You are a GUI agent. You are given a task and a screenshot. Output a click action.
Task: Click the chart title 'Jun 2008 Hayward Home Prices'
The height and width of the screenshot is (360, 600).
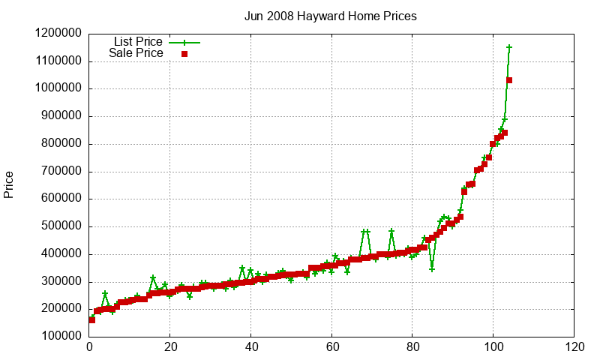tap(331, 16)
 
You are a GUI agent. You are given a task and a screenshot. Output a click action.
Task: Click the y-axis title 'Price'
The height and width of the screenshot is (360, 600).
tap(9, 184)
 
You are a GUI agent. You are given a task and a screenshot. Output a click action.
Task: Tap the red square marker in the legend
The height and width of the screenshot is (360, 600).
tap(184, 54)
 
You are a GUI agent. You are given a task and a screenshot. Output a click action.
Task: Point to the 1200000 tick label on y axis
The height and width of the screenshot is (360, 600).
tap(59, 34)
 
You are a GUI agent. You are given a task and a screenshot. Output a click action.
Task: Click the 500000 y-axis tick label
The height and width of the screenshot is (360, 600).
tap(62, 226)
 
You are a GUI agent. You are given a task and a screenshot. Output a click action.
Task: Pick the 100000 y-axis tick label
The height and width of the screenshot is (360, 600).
tap(62, 337)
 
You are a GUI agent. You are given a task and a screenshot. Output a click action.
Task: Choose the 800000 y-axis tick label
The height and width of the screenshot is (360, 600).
tap(62, 144)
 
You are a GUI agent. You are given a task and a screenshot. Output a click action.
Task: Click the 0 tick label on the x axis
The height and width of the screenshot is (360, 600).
tap(89, 347)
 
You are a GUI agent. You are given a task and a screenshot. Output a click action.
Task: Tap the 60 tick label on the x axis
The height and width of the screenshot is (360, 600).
tap(331, 347)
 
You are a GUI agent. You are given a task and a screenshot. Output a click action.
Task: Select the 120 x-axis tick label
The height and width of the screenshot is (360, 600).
tap(574, 347)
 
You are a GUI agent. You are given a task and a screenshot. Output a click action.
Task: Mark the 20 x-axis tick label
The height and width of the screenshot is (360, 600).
tap(170, 347)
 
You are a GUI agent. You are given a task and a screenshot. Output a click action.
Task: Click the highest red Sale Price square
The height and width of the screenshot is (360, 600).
tap(509, 80)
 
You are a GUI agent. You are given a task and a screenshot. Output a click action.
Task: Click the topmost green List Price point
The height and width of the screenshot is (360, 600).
tap(509, 47)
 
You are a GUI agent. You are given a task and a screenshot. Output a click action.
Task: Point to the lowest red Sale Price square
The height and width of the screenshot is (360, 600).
tap(92, 320)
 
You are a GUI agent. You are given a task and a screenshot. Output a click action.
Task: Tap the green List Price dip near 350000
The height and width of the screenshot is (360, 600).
tap(432, 268)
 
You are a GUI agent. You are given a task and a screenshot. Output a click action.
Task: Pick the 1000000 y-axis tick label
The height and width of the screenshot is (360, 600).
tap(59, 88)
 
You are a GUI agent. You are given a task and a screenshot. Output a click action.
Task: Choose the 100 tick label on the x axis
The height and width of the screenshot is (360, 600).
tap(493, 347)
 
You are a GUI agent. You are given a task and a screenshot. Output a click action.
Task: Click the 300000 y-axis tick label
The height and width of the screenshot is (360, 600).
tap(62, 282)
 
